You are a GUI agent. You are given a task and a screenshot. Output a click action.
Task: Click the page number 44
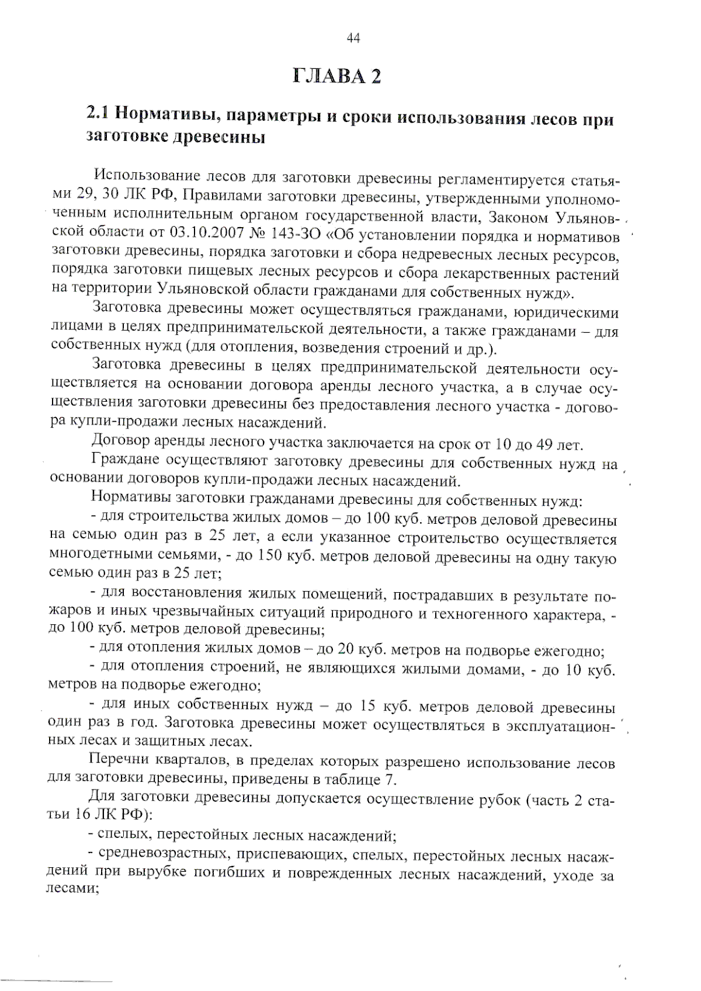coord(353,39)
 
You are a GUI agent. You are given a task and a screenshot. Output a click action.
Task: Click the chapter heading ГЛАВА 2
coord(337,77)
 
